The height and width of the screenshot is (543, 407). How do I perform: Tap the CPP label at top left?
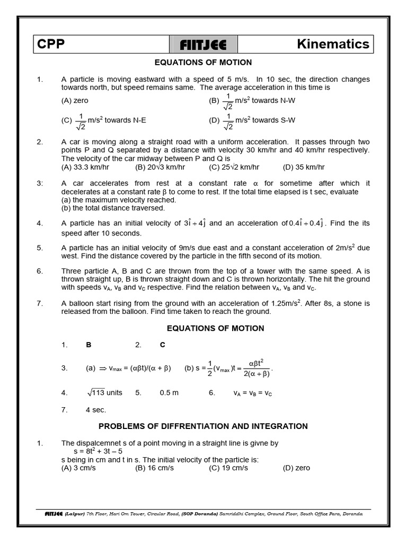pyautogui.click(x=51, y=45)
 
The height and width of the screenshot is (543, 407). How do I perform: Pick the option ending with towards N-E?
pyautogui.click(x=104, y=120)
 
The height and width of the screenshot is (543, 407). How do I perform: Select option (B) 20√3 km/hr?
pyautogui.click(x=160, y=167)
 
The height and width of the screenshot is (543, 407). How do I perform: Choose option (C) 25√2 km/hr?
pyautogui.click(x=234, y=167)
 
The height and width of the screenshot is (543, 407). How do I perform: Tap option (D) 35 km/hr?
pyautogui.click(x=304, y=167)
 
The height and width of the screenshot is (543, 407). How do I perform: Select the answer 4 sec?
pyautogui.click(x=96, y=410)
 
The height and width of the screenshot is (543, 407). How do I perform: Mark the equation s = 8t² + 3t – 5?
pyautogui.click(x=103, y=451)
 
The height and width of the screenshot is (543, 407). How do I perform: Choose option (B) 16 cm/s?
pyautogui.click(x=155, y=468)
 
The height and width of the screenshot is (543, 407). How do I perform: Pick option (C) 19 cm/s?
pyautogui.click(x=228, y=468)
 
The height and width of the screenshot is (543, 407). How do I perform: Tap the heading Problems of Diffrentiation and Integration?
pyautogui.click(x=203, y=426)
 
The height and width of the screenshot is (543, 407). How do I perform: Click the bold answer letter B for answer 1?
pyautogui.click(x=89, y=345)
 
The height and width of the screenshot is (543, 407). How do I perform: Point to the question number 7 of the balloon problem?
pyautogui.click(x=39, y=303)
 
